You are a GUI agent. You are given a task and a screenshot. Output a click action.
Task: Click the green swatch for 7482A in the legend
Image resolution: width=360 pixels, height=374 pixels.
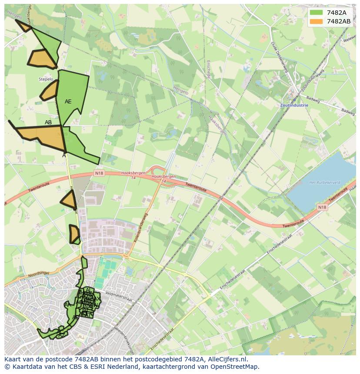point(316,13)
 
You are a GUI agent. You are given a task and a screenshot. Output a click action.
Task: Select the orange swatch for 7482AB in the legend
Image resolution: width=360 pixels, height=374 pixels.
point(316,21)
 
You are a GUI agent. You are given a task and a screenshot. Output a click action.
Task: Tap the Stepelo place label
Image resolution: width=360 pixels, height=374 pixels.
point(46,79)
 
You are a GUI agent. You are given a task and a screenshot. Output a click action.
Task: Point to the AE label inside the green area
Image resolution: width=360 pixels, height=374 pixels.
point(68,102)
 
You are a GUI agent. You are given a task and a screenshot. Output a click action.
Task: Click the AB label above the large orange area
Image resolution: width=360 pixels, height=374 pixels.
point(48,122)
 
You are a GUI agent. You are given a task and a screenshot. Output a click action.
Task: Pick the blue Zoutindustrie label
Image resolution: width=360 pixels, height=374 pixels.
point(294,105)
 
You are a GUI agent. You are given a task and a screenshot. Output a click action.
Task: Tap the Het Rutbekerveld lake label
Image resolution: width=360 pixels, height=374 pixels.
point(324,183)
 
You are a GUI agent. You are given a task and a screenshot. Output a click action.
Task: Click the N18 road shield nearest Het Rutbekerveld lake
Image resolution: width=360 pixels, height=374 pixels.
point(322,207)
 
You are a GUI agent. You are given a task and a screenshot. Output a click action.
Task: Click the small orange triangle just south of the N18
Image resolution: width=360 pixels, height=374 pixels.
point(69,201)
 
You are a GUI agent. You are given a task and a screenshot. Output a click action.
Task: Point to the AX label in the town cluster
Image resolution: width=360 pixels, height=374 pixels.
point(98,300)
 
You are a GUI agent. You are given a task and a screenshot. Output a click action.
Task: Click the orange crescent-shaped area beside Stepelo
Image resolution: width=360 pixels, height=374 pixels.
point(49,91)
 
